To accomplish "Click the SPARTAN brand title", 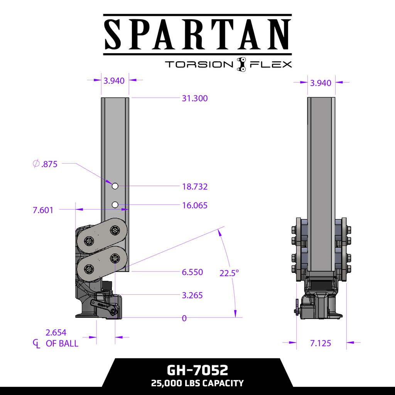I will coord(197,34).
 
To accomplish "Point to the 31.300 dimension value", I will coord(194,98).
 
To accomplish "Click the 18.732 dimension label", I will coord(194,187).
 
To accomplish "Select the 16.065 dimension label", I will coord(194,205).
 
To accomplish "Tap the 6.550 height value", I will coord(192,272).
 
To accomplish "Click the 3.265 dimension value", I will coord(192,295).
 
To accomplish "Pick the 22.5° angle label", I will coord(229,273).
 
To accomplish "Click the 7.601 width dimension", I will coord(43,210).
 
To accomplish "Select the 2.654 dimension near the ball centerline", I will coord(56,333).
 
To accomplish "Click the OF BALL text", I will coord(62,343).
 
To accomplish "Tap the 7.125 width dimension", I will coord(321,343).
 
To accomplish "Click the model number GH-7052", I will coord(197,370).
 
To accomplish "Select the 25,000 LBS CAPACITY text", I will coord(197,383).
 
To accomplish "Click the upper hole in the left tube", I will coord(115,186).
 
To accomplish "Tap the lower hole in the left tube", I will coord(115,204).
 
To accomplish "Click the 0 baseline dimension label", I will coord(184,318).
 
